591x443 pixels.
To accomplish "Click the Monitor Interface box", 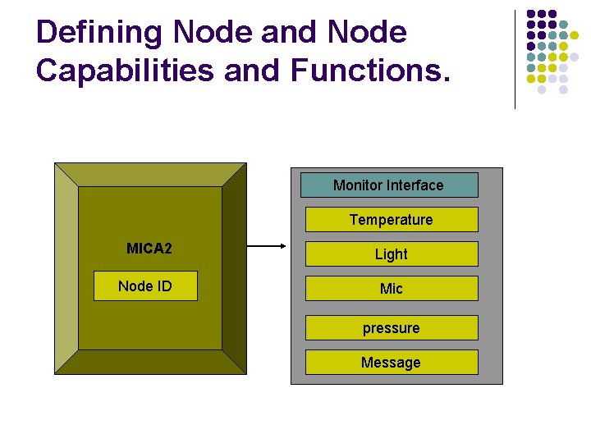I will coord(389,185).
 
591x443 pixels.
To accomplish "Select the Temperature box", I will coord(392,220).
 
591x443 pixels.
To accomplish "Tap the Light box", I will coord(392,254).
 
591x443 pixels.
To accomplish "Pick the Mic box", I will coord(392,289).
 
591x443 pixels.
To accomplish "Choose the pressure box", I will coord(392,328).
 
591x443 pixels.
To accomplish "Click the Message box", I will coord(392,363).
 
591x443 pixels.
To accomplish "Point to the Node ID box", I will coord(145,286).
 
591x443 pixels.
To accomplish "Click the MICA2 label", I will coord(149,249).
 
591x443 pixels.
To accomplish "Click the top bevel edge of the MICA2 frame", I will coord(150,174).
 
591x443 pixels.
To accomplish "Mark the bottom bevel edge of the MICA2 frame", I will coord(150,363).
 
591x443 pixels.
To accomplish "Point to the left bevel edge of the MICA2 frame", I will coord(66,268).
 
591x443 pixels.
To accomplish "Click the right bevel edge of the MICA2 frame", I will coord(234,268).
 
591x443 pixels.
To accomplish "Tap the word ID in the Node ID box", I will coord(163,286).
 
